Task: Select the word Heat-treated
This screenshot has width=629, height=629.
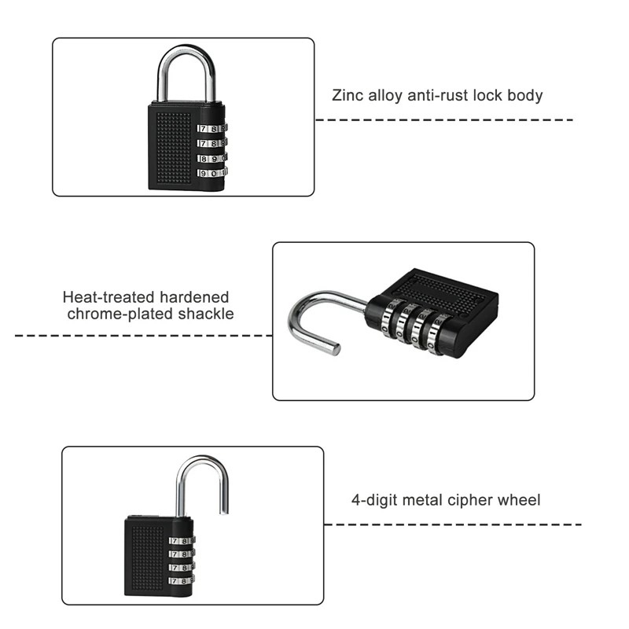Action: pos(109,297)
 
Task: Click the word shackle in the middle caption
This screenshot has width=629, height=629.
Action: pos(209,314)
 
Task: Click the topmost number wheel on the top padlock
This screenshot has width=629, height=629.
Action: pos(212,128)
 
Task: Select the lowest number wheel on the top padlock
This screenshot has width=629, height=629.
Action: pos(212,172)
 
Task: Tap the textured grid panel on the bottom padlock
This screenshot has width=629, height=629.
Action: pos(147,558)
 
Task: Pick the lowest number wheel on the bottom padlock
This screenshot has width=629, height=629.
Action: pos(182,581)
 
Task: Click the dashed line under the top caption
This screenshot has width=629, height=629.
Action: pos(444,120)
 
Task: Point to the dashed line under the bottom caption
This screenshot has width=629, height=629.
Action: pos(452,524)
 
